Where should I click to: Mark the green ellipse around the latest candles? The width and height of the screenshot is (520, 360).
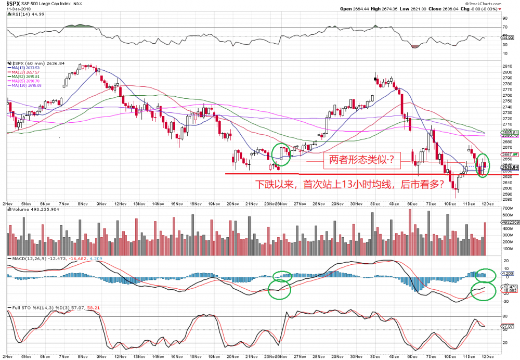tap(483, 165)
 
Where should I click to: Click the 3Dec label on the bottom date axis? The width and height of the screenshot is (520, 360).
tap(374, 203)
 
